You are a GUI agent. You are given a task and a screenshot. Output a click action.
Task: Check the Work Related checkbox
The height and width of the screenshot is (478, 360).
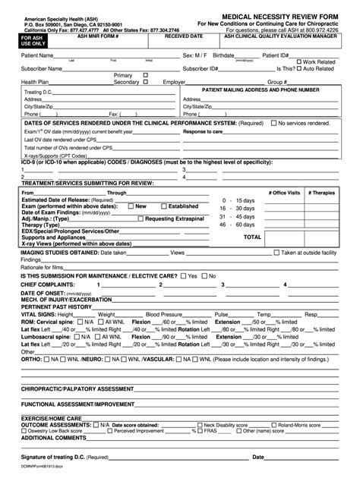tap(299, 61)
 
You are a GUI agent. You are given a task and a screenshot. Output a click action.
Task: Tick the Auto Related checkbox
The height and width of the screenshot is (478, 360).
tap(299, 68)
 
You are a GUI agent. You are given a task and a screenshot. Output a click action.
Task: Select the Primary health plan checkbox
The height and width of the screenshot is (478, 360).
tap(145, 75)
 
